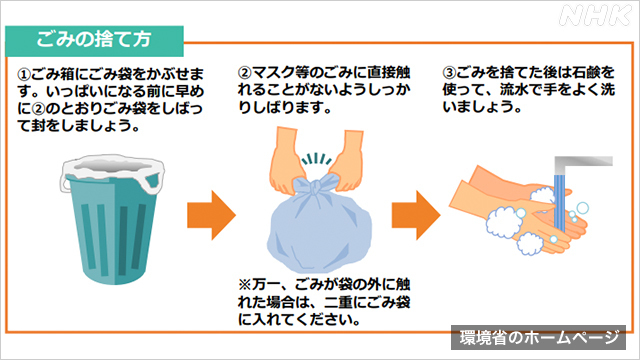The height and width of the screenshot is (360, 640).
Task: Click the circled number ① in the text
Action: tap(25, 75)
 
